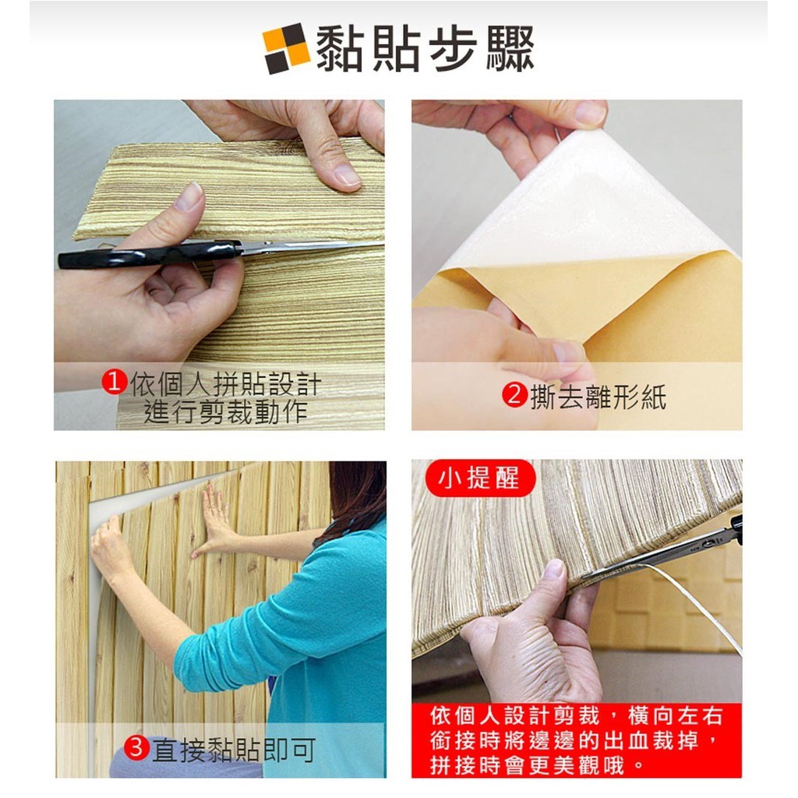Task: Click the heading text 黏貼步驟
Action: (x=425, y=48)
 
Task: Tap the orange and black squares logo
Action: (x=287, y=48)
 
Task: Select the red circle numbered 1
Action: (x=114, y=382)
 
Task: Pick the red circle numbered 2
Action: (x=514, y=395)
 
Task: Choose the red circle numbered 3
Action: (x=136, y=748)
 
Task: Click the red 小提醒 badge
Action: (x=479, y=478)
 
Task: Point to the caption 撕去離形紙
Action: (x=598, y=397)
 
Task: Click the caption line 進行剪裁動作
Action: (x=226, y=411)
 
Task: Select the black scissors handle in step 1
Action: (x=147, y=255)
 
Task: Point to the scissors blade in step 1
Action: (x=310, y=246)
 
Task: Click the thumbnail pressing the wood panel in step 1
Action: (x=347, y=175)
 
